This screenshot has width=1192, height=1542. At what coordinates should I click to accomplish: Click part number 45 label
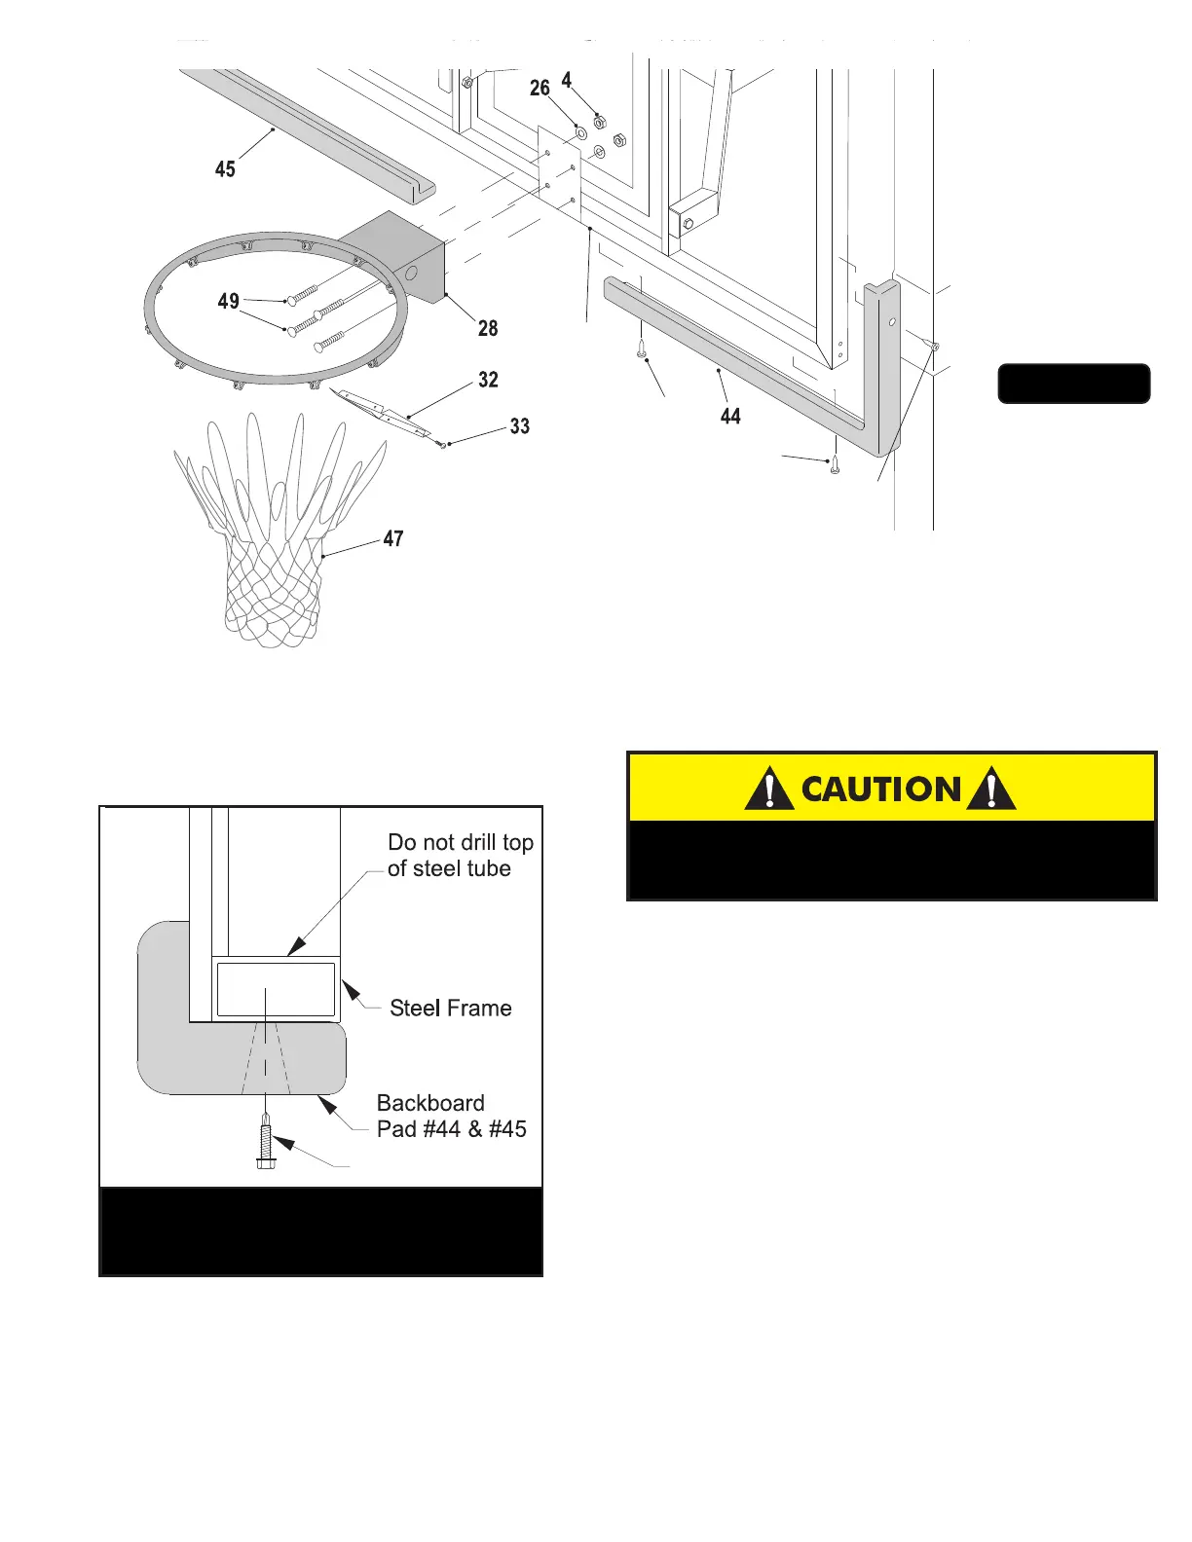coord(225,169)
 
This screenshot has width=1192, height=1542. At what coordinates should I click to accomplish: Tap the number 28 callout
coord(488,329)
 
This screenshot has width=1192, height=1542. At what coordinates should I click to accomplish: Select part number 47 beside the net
coord(393,539)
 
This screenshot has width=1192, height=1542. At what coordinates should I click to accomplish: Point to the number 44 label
coord(730,417)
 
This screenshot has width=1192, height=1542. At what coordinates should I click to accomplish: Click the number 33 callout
coord(520,426)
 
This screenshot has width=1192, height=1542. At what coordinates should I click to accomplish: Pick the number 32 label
coord(488,380)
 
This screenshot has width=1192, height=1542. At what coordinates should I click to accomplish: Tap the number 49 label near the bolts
coord(229,302)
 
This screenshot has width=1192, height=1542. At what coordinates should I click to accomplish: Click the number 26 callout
coord(540,89)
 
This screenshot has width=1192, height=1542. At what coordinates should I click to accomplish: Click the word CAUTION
coord(880,789)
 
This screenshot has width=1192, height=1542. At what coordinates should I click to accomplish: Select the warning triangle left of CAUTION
coord(768,789)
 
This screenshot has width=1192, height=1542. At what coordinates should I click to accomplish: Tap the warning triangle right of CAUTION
coord(991,789)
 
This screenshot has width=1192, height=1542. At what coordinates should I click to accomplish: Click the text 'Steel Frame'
coord(450,1009)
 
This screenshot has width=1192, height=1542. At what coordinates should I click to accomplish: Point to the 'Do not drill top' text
coord(460,843)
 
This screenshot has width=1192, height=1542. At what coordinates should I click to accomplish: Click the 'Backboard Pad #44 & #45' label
coord(451,1117)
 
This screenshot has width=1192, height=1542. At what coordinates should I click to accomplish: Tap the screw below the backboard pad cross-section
coord(266,1145)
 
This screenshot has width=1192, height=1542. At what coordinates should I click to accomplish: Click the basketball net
coord(279,545)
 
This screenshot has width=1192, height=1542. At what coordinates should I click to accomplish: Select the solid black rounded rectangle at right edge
coord(1074,384)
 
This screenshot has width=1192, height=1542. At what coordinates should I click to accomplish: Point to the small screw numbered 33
coord(442,445)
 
